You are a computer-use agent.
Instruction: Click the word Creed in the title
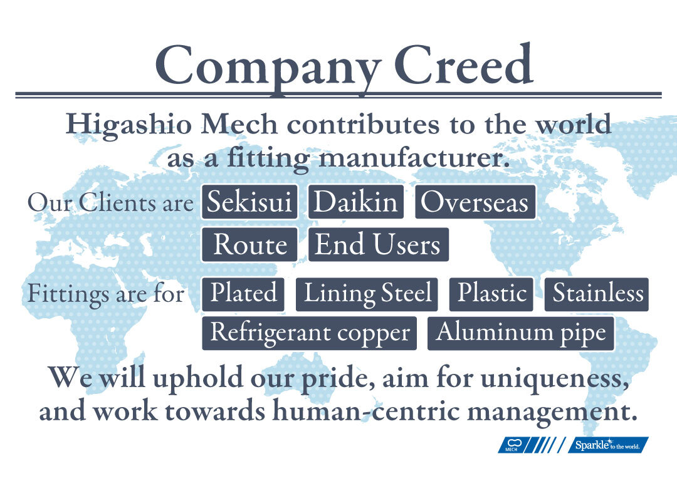pos(464,65)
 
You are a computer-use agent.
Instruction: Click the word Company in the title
pos(268,69)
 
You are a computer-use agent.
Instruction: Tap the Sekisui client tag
pos(249,202)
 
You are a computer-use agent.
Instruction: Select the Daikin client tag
pos(356,202)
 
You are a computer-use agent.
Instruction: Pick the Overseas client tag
pos(475,202)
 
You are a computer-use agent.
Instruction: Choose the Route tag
pos(249,245)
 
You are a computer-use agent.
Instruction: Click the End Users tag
pos(378,245)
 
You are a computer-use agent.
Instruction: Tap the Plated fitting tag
pos(243,294)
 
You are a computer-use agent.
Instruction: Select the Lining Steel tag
pos(367,294)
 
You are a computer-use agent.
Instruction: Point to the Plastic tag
pos(491,294)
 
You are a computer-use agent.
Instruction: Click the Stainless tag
pos(596,294)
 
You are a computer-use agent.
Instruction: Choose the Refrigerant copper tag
pos(309,333)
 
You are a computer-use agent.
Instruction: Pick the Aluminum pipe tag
pos(521,333)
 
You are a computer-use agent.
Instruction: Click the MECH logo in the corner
pos(513,445)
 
